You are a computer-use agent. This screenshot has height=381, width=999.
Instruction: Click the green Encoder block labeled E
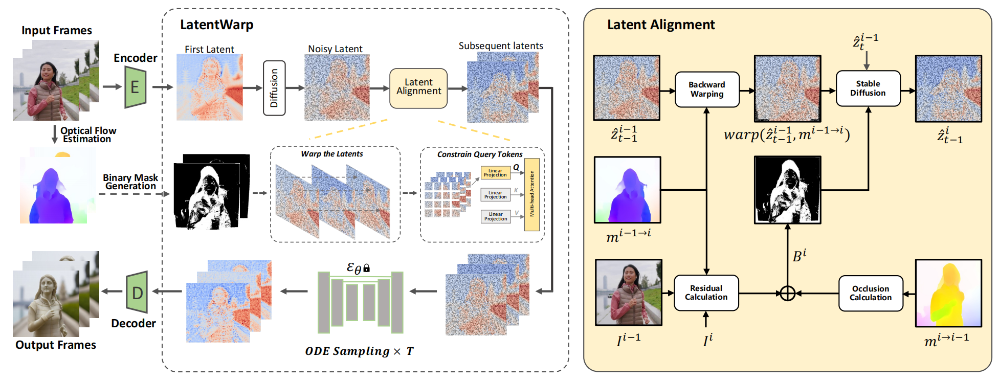click(136, 87)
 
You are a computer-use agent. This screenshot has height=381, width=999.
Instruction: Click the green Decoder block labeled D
click(137, 293)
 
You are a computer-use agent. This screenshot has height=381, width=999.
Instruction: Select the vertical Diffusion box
click(274, 88)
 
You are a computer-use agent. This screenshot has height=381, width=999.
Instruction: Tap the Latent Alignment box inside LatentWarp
click(418, 88)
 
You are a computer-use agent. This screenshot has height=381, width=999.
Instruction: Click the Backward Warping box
click(706, 89)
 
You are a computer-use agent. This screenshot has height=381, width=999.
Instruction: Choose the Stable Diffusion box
click(868, 88)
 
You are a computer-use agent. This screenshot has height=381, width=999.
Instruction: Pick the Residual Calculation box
click(706, 293)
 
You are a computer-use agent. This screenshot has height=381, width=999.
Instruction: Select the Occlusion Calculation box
click(870, 293)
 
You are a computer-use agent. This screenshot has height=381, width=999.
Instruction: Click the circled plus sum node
click(787, 294)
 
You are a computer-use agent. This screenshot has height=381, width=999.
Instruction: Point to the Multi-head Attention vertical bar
click(532, 194)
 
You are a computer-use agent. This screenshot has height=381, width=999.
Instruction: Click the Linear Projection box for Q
click(495, 173)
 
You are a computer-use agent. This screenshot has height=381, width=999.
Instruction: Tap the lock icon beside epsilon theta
click(366, 268)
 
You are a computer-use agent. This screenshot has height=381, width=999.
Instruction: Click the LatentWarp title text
click(216, 25)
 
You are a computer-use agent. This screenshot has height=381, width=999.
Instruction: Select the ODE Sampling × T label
click(359, 351)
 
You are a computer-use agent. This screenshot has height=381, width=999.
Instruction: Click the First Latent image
click(209, 87)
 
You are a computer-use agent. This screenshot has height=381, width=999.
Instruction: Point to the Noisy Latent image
click(337, 87)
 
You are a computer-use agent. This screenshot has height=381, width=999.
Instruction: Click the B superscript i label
click(799, 255)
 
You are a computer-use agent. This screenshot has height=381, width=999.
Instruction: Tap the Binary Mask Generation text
click(130, 182)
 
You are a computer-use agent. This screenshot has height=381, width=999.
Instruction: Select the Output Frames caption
click(56, 345)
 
